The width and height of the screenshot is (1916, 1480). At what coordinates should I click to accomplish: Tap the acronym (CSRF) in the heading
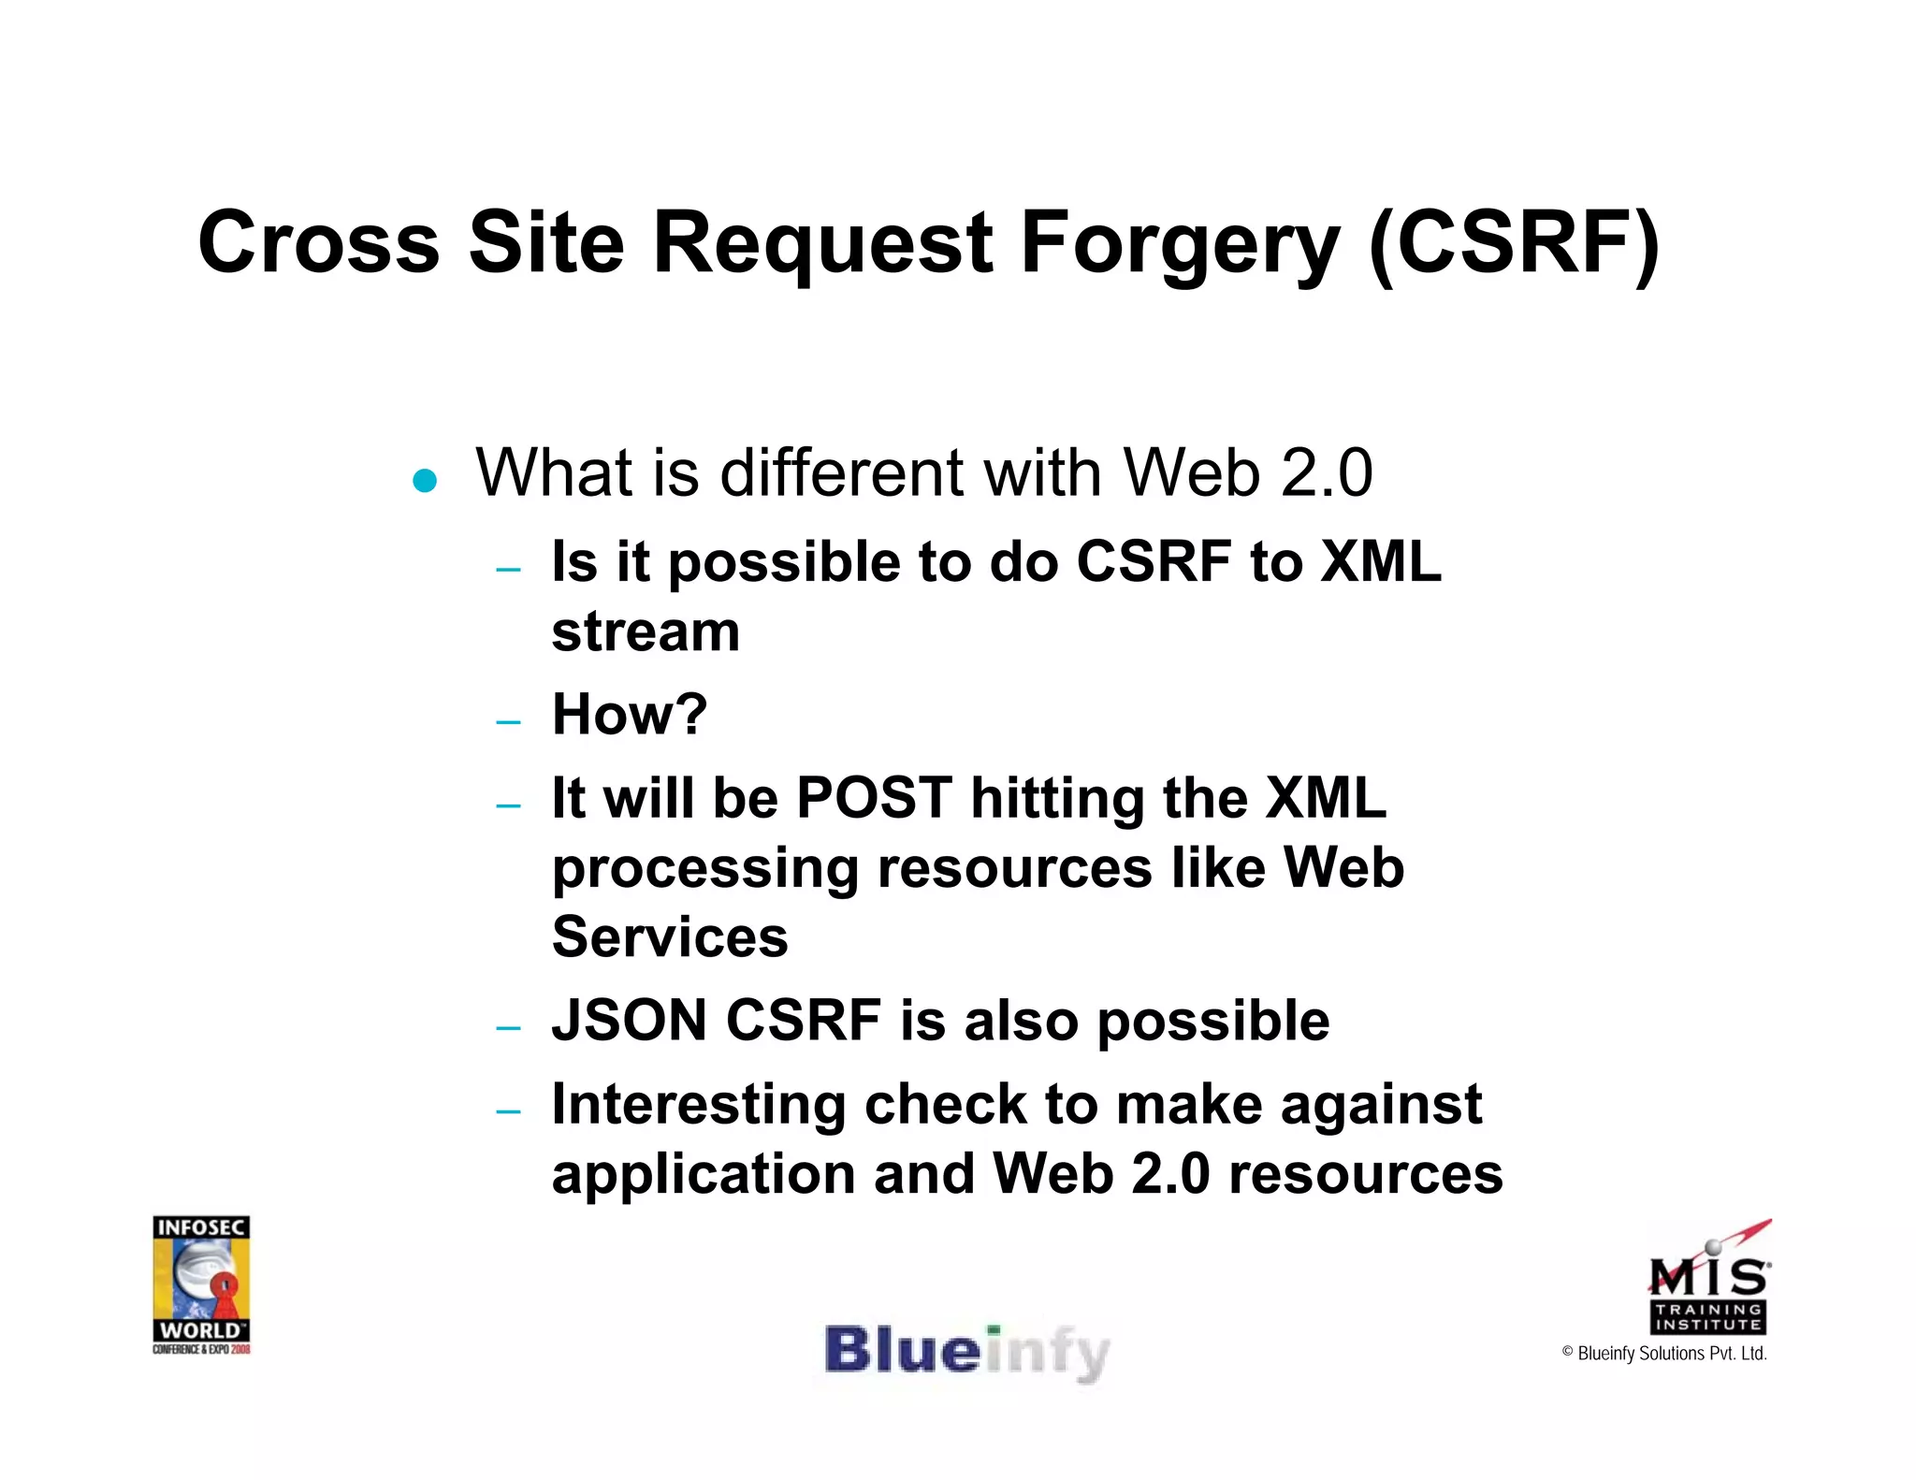coord(1513,243)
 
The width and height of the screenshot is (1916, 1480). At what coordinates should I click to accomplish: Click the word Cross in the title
coord(318,243)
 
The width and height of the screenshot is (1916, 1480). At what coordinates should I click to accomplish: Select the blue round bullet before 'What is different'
coord(425,481)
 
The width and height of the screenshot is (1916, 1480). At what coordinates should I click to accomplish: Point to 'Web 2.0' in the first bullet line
coord(1247,472)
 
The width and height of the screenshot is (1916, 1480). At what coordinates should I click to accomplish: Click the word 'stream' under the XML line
coord(646,632)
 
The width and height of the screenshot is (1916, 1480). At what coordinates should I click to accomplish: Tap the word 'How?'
coord(630,715)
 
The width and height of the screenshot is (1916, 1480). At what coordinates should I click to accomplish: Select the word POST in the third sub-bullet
coord(874,798)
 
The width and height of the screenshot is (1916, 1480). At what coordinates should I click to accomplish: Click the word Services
coord(670,936)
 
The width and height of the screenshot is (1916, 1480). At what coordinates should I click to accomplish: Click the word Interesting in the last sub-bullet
coord(698,1104)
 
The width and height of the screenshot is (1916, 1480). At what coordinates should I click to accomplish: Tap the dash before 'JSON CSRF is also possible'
coord(508,1028)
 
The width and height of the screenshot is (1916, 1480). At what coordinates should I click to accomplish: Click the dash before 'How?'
coord(508,722)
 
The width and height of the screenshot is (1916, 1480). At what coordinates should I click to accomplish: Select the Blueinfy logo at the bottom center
coord(966,1353)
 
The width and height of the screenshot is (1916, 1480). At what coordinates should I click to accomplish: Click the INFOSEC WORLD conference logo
coord(201,1284)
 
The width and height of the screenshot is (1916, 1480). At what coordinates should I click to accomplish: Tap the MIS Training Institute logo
coord(1708,1279)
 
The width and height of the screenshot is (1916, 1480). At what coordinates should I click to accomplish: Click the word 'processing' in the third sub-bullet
coord(704,869)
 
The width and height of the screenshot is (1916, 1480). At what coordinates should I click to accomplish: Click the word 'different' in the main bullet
coord(842,472)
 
